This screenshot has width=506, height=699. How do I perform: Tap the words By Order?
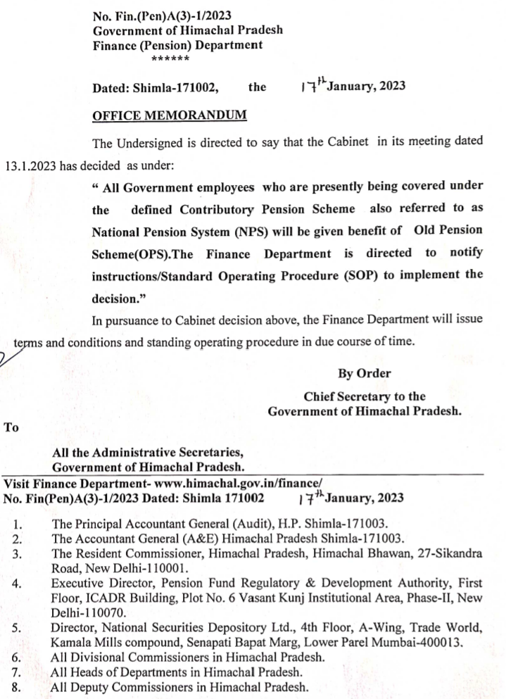[365, 373]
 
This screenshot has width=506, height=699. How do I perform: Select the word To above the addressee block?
[11, 427]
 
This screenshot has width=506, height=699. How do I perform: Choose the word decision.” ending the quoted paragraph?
[118, 296]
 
